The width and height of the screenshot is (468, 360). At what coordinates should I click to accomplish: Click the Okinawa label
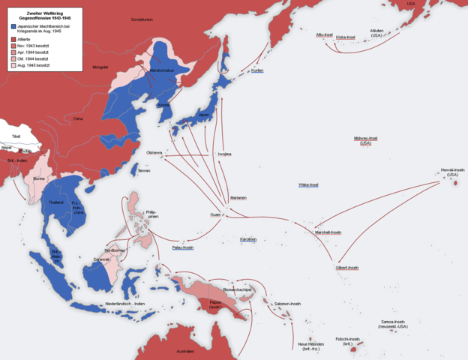(x=154, y=152)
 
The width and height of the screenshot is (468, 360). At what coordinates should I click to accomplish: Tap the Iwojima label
(x=224, y=154)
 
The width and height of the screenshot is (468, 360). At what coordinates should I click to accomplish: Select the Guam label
(x=216, y=214)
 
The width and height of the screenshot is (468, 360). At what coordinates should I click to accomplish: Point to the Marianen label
(x=238, y=197)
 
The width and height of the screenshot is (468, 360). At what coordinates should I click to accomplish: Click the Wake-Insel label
(x=308, y=184)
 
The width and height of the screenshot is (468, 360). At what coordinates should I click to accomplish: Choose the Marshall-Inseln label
(x=328, y=232)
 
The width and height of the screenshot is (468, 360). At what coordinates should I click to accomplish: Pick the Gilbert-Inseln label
(x=346, y=268)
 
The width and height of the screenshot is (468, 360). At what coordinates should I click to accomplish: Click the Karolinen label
(x=248, y=239)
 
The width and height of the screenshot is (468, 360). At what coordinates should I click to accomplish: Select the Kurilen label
(x=257, y=70)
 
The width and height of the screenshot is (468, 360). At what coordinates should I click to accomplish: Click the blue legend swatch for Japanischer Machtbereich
(x=14, y=26)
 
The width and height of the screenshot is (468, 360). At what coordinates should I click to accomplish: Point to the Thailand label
(x=55, y=202)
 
